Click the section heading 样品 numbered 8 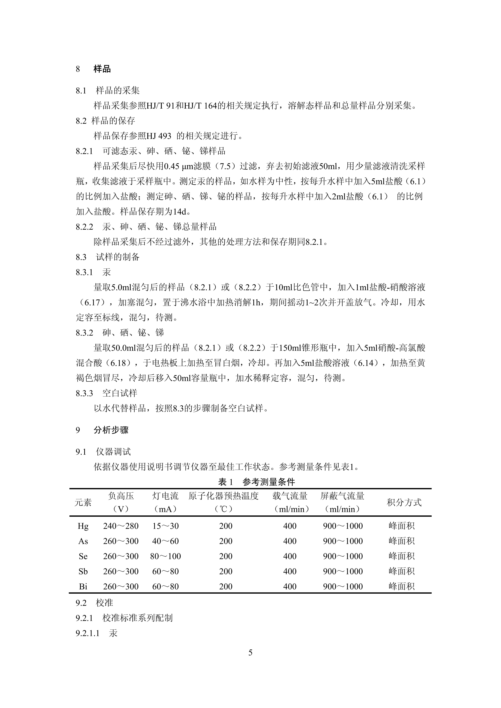click(x=102, y=69)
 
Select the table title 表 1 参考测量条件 click(x=256, y=482)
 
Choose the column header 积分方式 click(x=404, y=502)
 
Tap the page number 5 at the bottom click(x=250, y=653)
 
